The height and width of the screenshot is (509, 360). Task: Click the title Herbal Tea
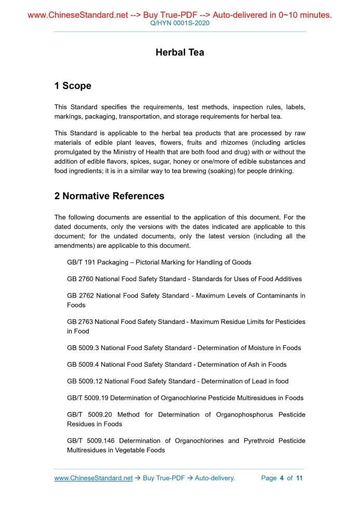click(x=180, y=52)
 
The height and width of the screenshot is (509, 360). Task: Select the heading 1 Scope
click(x=73, y=86)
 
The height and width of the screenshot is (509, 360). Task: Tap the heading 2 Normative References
click(x=109, y=196)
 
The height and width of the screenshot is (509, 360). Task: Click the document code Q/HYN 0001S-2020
click(x=180, y=23)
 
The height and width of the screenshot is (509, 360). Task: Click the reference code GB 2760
click(x=79, y=279)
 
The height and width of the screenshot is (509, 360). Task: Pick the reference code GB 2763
click(x=79, y=322)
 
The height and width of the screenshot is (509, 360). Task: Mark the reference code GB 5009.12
click(x=84, y=381)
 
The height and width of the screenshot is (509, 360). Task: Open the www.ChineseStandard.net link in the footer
click(x=94, y=478)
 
